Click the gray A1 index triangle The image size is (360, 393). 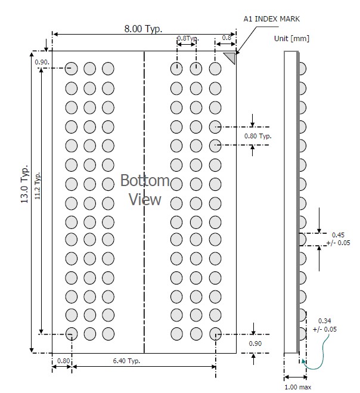231,57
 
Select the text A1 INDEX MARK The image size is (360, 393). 272,19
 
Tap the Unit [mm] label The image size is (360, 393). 291,39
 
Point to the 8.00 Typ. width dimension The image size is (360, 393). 143,29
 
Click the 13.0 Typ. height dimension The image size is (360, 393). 24,184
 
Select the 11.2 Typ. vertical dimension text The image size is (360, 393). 38,185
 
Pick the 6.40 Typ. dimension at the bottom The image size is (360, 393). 126,361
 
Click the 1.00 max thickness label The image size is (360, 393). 298,387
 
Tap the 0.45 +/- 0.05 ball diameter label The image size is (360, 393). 338,239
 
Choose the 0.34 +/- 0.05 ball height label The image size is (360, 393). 325,325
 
